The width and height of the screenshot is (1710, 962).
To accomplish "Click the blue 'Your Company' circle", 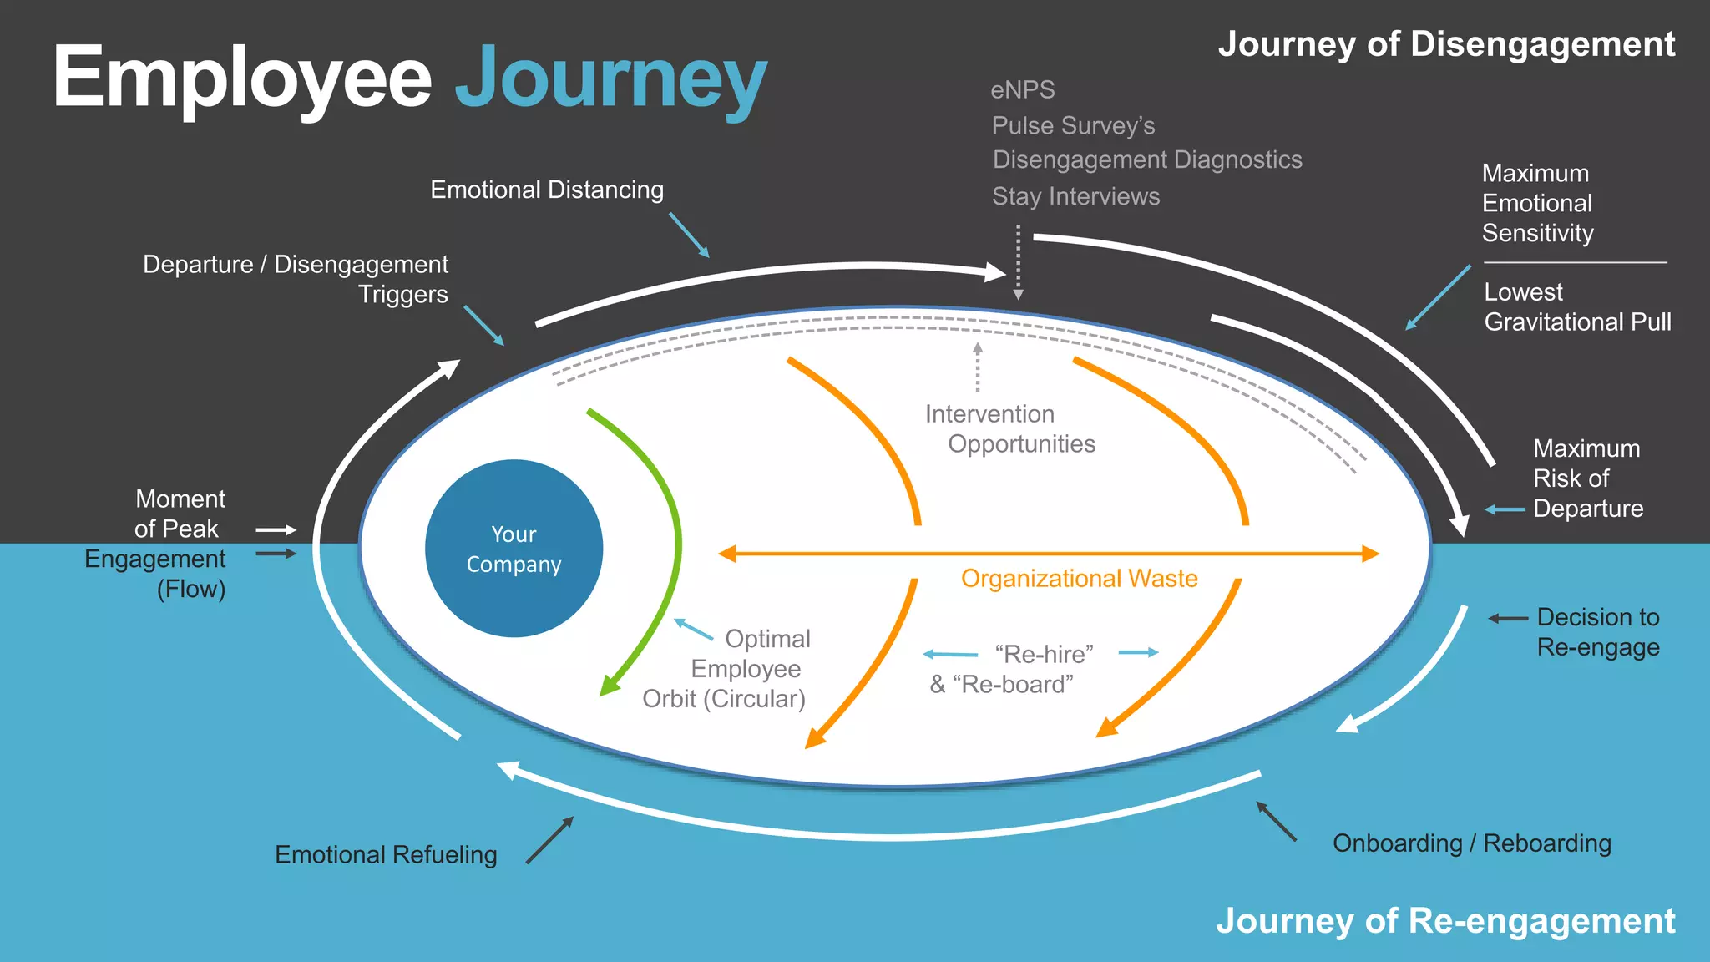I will tap(514, 549).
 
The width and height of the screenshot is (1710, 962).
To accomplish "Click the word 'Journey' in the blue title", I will tap(610, 78).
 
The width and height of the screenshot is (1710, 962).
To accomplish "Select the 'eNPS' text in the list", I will tap(1022, 89).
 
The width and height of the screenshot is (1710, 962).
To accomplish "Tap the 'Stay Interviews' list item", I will tap(1075, 196).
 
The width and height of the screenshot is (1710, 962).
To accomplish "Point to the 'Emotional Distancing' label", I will tap(547, 190).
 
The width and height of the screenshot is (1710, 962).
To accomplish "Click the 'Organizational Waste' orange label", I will tap(1079, 578).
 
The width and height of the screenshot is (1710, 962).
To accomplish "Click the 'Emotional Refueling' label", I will tap(386, 854).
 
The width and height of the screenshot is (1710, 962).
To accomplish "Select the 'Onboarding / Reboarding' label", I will tap(1471, 843).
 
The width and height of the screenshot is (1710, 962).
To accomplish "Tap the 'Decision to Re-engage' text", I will tap(1597, 631).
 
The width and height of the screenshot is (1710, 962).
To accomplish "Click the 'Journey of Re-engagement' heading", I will tap(1444, 920).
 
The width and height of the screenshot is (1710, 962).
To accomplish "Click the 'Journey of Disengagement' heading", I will tap(1446, 44).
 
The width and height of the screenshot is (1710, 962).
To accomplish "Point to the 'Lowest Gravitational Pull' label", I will tap(1576, 306).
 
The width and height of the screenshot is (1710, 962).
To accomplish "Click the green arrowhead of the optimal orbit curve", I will tap(609, 686).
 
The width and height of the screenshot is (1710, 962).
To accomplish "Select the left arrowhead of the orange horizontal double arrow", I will tap(727, 554).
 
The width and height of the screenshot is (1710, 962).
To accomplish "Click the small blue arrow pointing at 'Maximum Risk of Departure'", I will tap(1504, 509).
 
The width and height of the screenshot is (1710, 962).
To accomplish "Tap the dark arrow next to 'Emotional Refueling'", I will tap(550, 840).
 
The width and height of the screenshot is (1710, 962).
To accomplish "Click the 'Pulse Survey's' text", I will tap(1073, 125).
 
